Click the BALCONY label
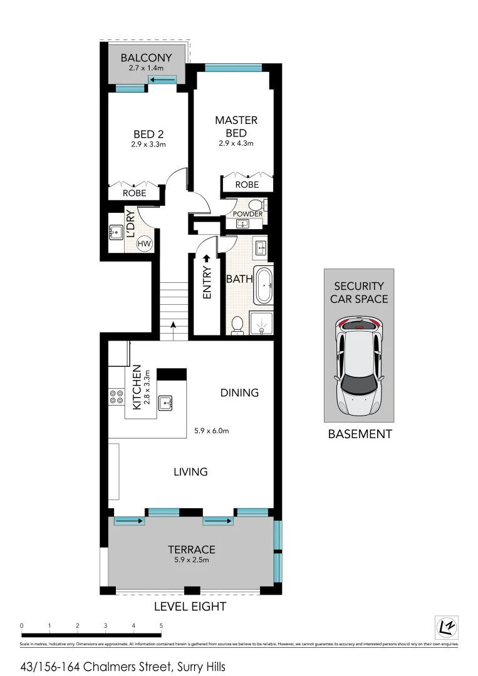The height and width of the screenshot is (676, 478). tap(146, 58)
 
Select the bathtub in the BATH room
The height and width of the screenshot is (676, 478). tap(263, 286)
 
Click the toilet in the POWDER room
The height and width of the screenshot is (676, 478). tap(256, 205)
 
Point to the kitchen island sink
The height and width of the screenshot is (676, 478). tap(166, 402)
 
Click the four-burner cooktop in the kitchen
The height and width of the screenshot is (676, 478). tap(117, 397)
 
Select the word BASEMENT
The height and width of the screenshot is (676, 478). tap(360, 434)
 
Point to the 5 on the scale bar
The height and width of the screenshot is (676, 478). tap(161, 625)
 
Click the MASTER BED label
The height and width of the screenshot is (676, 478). tap(236, 126)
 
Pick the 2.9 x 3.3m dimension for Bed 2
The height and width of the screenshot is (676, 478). tap(148, 145)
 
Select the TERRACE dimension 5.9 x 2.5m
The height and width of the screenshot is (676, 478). tap(191, 560)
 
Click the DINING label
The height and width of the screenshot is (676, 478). tap(239, 393)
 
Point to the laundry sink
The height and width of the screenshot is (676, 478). tap(116, 232)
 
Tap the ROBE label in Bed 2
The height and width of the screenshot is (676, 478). tap(134, 193)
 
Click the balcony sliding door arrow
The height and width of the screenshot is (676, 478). tap(163, 79)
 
